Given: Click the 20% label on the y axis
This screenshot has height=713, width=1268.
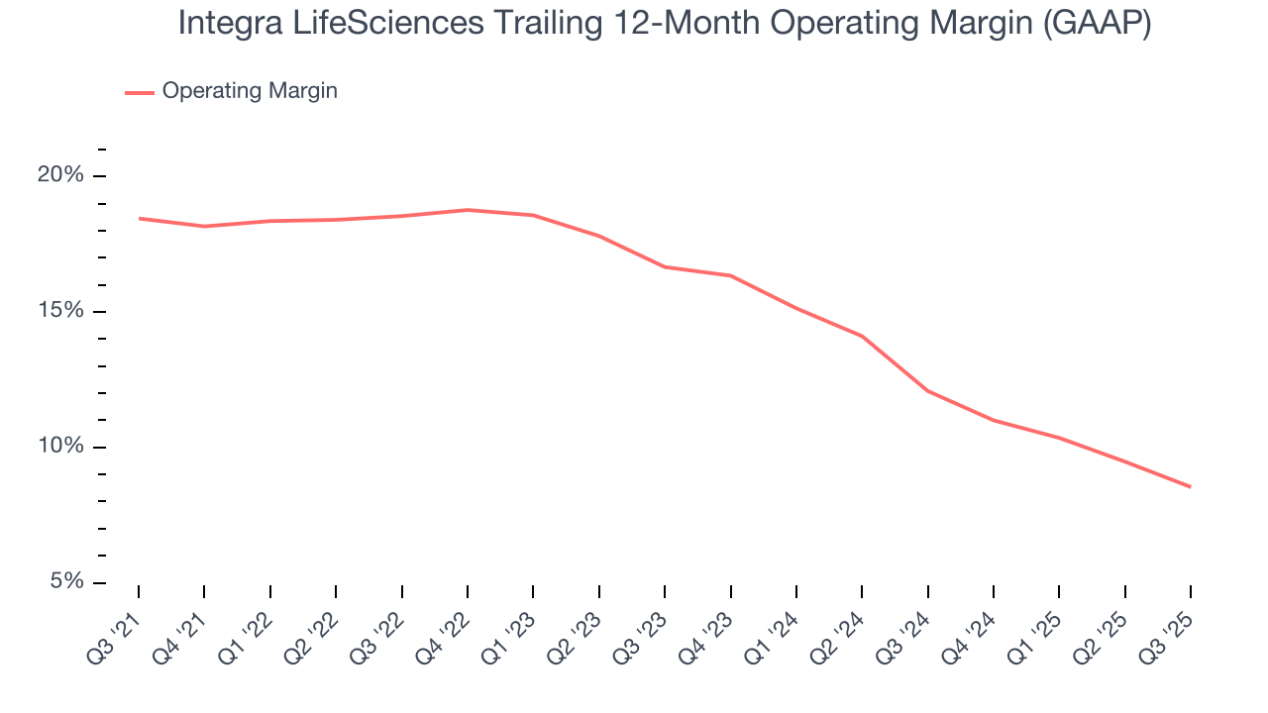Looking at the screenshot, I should [x=59, y=175].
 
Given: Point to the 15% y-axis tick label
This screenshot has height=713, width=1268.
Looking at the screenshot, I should [x=59, y=311].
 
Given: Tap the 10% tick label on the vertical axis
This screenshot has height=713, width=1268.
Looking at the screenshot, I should [x=59, y=447].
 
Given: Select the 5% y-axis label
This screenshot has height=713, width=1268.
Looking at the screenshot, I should [x=65, y=582].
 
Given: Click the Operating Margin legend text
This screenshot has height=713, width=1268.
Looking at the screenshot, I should [x=250, y=91].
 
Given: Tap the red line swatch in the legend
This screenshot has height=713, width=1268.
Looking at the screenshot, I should [x=139, y=92].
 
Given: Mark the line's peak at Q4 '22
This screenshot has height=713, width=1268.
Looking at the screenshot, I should [x=468, y=210].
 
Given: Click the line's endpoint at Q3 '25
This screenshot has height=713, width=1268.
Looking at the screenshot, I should [x=1190, y=486].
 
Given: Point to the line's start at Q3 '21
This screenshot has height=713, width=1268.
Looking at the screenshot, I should [x=139, y=218].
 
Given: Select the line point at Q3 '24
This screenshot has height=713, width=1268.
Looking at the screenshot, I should [x=927, y=391].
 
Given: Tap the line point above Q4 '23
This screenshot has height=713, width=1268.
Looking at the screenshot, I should [x=730, y=275].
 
